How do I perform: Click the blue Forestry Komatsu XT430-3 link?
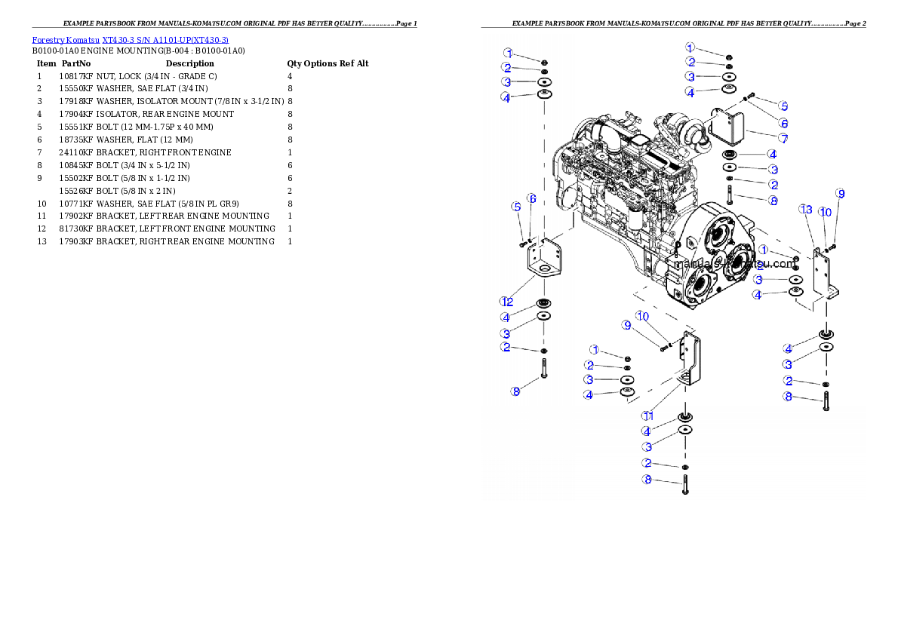pyautogui.click(x=130, y=39)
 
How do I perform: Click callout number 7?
pyautogui.click(x=783, y=138)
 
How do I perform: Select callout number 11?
pyautogui.click(x=647, y=416)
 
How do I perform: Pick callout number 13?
pyautogui.click(x=806, y=209)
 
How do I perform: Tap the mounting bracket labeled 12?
pyautogui.click(x=542, y=262)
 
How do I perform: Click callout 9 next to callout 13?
pyautogui.click(x=840, y=194)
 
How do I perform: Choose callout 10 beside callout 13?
pyautogui.click(x=826, y=212)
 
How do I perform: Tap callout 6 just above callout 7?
pyautogui.click(x=783, y=122)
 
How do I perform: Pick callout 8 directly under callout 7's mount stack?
pyautogui.click(x=773, y=201)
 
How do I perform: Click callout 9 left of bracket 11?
pyautogui.click(x=626, y=325)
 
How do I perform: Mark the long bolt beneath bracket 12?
pyautogui.click(x=543, y=369)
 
